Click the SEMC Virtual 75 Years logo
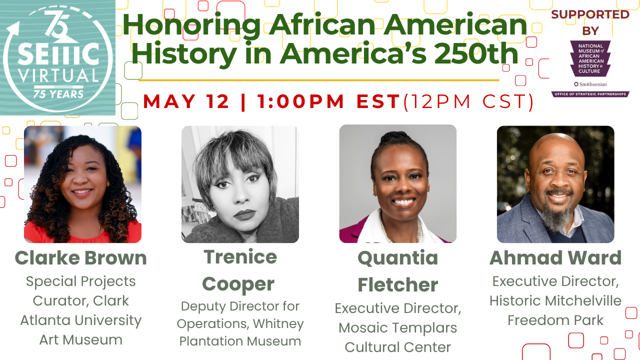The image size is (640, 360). coord(57,57)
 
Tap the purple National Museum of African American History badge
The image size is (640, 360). coord(590,58)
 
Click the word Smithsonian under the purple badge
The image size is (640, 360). coord(593,84)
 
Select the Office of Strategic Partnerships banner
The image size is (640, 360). coord(590,94)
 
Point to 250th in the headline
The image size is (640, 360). coord(476,53)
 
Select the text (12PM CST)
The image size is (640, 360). coord(468,101)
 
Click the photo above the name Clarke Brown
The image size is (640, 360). coord(82,184)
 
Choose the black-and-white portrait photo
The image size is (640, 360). coord(240,184)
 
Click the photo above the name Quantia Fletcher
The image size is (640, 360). coord(397,183)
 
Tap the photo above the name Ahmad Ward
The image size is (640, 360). coord(555,184)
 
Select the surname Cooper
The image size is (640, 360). coord(238,284)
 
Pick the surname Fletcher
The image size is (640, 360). coord(398,285)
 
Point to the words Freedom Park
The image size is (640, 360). coord(555,320)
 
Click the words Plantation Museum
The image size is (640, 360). coord(240,341)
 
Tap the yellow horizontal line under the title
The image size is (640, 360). coord(319,80)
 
